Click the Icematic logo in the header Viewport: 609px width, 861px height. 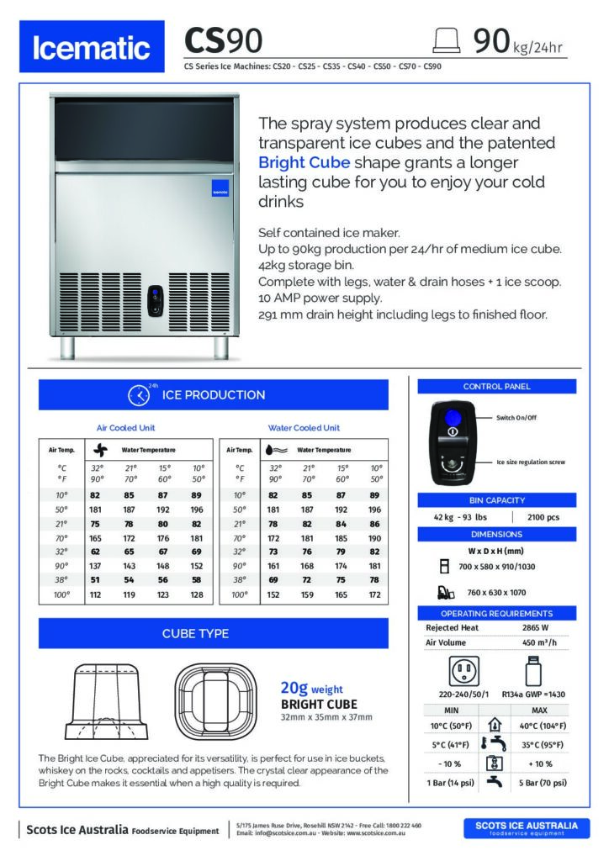[x=92, y=48]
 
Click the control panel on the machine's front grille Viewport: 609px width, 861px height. [x=156, y=300]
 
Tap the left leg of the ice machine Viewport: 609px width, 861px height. [x=78, y=346]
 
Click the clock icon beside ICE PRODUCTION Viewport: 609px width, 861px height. [x=139, y=395]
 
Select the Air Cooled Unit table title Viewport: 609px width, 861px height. [x=126, y=428]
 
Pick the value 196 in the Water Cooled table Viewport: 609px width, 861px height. [x=375, y=510]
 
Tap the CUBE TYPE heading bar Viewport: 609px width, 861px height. [x=213, y=633]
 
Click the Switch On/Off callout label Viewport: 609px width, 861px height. [x=516, y=418]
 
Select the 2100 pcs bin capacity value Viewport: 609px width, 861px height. [x=542, y=517]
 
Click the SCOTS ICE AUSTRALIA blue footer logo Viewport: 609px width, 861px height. [x=527, y=829]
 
